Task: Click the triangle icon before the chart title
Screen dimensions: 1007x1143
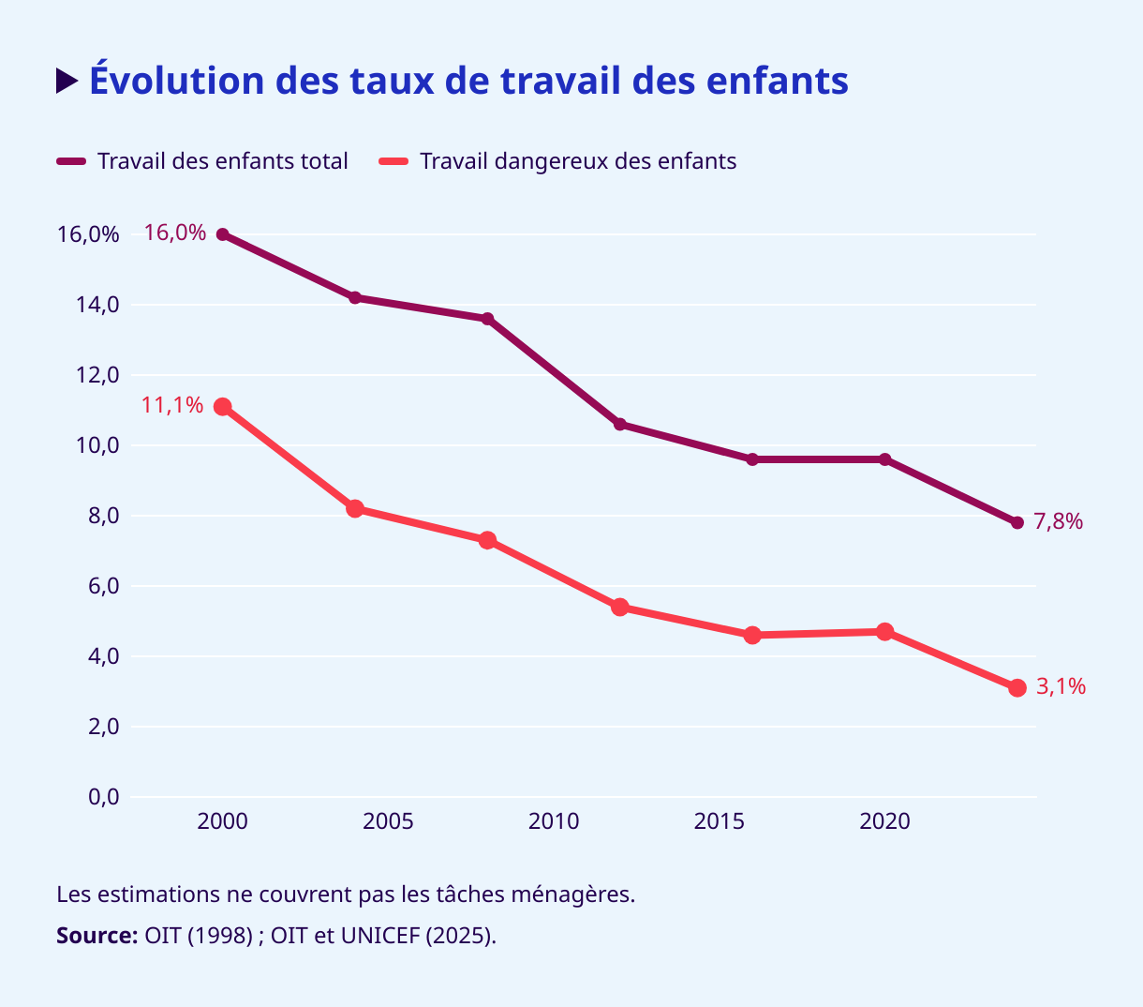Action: (67, 82)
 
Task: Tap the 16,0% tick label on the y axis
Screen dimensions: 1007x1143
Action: (88, 234)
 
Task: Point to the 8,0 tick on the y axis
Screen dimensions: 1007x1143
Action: (98, 516)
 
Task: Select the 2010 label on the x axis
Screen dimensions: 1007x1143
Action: (554, 822)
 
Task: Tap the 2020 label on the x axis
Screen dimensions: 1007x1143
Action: (884, 822)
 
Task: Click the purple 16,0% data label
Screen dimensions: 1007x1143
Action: (175, 233)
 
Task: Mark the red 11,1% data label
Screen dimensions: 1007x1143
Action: (172, 405)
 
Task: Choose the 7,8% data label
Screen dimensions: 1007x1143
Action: (1059, 521)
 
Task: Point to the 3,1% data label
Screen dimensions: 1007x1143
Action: (1061, 686)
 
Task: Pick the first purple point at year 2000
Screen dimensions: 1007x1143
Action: (223, 234)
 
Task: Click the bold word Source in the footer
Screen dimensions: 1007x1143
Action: (96, 936)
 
